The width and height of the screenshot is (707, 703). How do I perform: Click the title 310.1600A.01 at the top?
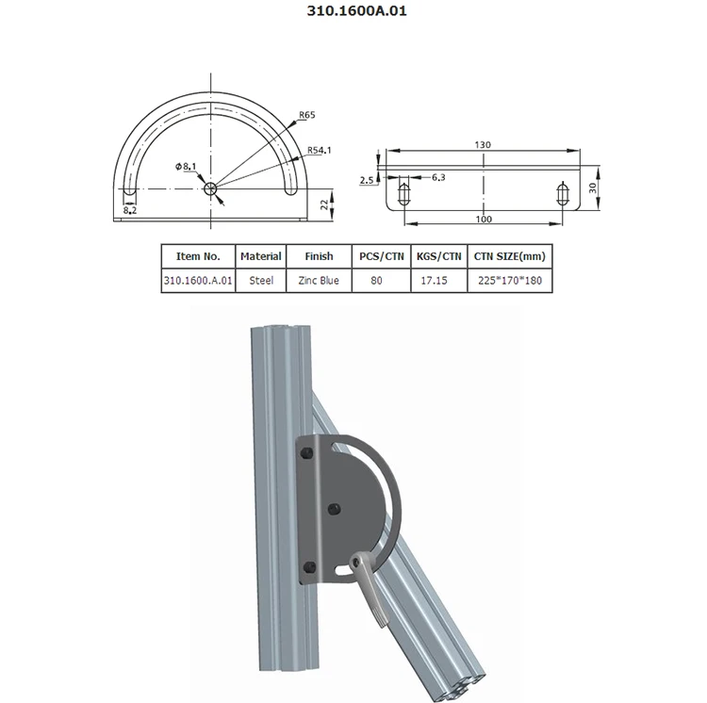[353, 13]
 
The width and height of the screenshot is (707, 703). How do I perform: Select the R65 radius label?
[305, 116]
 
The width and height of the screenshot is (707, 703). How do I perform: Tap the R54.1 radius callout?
[319, 149]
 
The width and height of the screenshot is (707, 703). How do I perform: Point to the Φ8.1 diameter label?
[186, 167]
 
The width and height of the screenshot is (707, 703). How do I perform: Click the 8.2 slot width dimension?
[130, 212]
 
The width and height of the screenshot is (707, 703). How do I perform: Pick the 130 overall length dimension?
[483, 144]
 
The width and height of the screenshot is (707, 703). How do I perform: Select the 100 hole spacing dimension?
[483, 219]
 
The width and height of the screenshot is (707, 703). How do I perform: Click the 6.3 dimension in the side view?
[438, 177]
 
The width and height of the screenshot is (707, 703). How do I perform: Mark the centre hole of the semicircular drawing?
[211, 188]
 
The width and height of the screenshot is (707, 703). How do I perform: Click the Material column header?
[261, 256]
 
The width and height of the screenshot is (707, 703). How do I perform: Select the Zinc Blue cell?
[320, 281]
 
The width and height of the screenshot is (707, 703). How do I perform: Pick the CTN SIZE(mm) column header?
[509, 256]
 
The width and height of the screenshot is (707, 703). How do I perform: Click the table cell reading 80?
[377, 281]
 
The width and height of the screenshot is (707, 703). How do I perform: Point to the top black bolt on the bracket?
[307, 456]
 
